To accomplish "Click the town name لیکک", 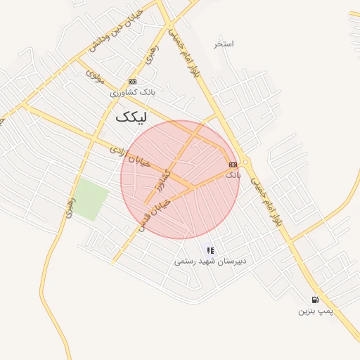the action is click(x=134, y=117).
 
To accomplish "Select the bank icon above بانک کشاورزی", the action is click(x=132, y=82).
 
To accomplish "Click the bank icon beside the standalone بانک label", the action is click(x=233, y=165).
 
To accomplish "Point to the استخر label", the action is click(x=224, y=44).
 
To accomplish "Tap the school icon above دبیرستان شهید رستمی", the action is click(x=210, y=250).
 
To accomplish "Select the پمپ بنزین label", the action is click(x=314, y=310).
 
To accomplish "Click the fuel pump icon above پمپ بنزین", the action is click(x=314, y=300).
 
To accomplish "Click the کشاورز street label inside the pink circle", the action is click(x=163, y=181).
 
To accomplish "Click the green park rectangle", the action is click(x=91, y=199).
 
